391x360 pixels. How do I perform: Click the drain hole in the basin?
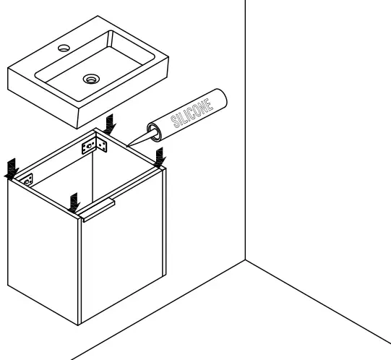[91, 77]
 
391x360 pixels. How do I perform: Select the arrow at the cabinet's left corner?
[11, 168]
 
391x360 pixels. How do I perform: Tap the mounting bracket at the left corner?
[27, 179]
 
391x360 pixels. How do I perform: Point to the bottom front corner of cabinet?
[80, 324]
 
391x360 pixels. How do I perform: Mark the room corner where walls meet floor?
[246, 261]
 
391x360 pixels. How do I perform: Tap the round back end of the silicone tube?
[219, 96]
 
